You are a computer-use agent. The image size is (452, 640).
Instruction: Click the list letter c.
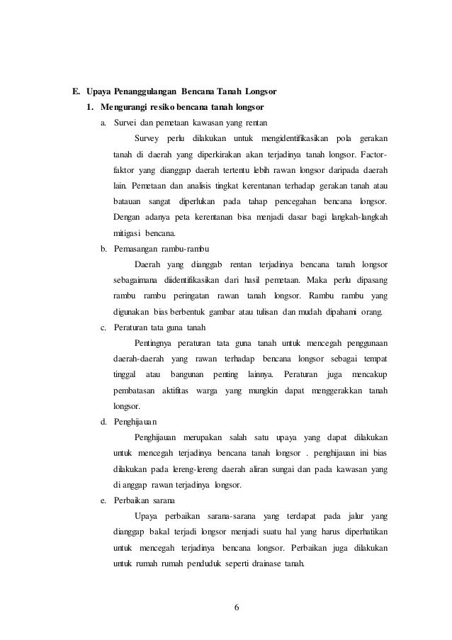tap(103, 327)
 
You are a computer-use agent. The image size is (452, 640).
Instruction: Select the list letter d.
tap(103, 422)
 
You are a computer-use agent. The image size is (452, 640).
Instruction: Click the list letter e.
tap(103, 501)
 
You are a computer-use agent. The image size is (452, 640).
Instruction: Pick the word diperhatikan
tap(360, 532)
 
